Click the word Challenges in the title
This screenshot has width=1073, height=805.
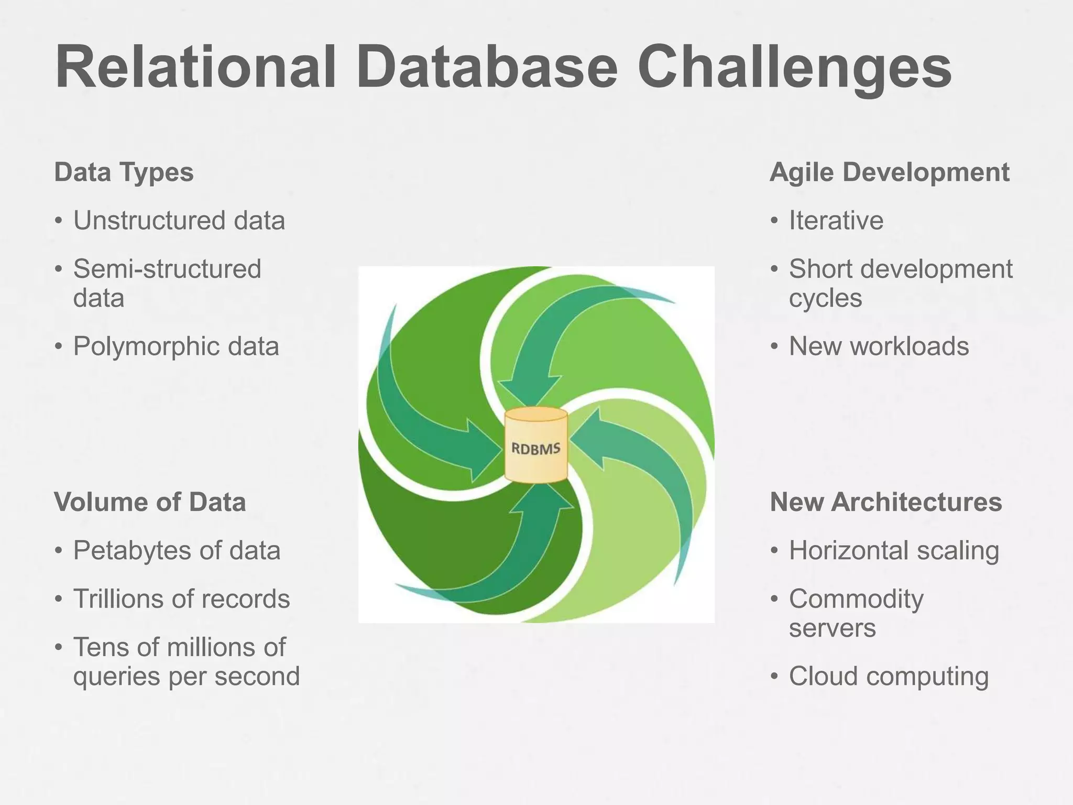click(x=794, y=68)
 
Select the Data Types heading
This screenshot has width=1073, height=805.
click(x=124, y=172)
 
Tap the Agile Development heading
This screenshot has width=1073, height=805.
click(x=889, y=172)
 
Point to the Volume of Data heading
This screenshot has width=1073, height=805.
click(x=150, y=502)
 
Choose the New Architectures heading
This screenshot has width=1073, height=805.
click(x=885, y=502)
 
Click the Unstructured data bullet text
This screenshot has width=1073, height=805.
click(x=179, y=220)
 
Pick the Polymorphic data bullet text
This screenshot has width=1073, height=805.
click(x=176, y=346)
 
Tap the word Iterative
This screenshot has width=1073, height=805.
click(x=836, y=220)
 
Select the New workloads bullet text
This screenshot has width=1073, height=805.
click(x=879, y=346)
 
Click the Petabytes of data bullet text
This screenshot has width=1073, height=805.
click(x=177, y=550)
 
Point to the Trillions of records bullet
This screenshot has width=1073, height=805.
click(x=181, y=599)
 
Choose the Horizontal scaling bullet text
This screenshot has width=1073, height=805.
click(x=894, y=550)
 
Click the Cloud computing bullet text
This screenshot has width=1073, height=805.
click(x=889, y=676)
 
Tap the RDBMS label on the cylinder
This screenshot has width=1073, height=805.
click(x=535, y=449)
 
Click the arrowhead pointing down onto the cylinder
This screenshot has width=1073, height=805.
click(x=529, y=390)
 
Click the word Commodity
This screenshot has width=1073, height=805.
click(x=856, y=599)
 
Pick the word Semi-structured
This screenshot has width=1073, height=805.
click(x=167, y=269)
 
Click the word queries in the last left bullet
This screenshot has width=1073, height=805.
click(x=116, y=676)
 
